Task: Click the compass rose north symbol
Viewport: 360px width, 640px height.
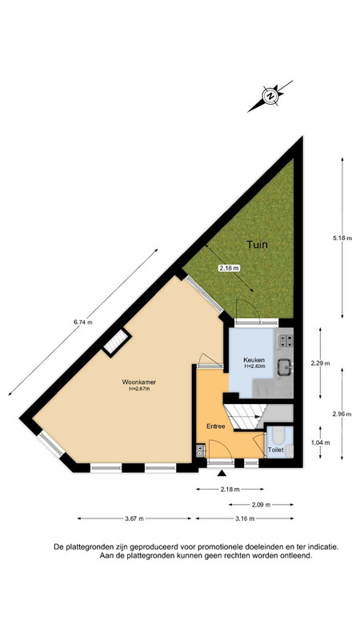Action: (272, 97)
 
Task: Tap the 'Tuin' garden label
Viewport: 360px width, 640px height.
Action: (257, 245)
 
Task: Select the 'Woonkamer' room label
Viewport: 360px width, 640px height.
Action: (139, 382)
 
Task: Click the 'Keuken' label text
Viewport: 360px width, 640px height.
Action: (255, 361)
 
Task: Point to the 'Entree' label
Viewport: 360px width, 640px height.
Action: (216, 426)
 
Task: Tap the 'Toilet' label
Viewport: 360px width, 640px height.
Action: (275, 450)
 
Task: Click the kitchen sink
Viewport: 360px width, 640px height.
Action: (283, 368)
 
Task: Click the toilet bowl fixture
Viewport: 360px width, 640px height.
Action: (277, 434)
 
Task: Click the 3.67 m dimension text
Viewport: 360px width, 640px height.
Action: (134, 519)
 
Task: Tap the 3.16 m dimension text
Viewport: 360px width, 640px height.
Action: (244, 519)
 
